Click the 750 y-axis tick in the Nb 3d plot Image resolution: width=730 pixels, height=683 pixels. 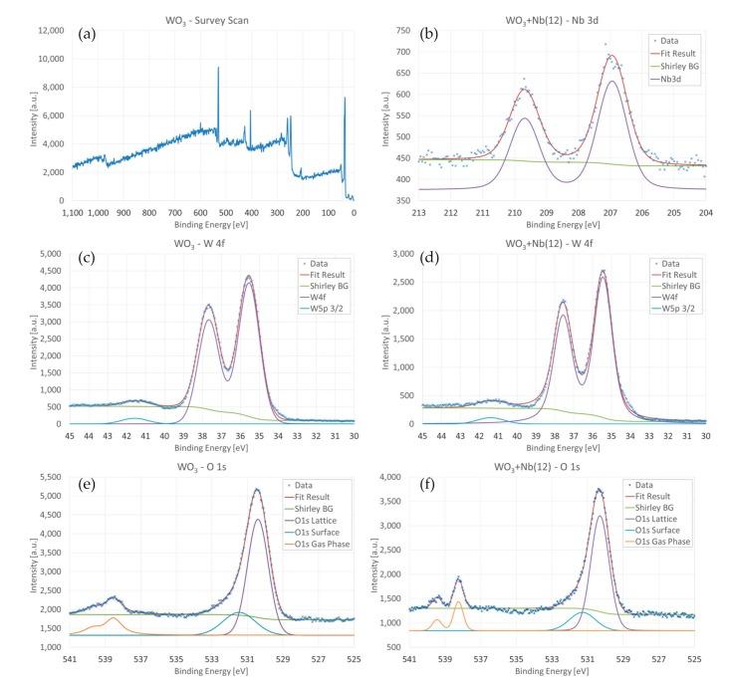[x=399, y=31]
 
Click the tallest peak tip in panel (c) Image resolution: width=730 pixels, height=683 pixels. [x=248, y=276]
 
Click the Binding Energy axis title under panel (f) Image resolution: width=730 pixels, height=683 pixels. [x=552, y=671]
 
